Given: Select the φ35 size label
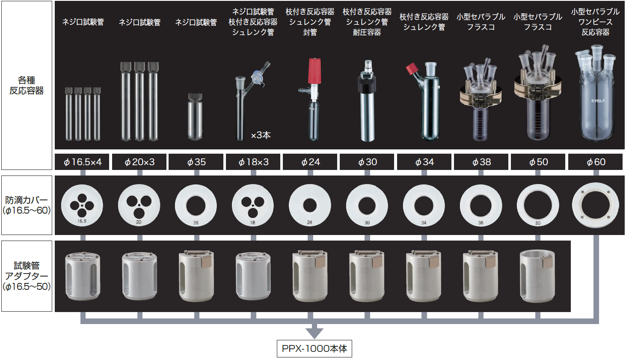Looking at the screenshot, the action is tap(196, 162).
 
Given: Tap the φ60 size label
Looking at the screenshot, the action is tap(596, 162).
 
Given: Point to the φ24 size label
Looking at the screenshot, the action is tap(310, 162).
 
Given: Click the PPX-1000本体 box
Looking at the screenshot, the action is tap(314, 348).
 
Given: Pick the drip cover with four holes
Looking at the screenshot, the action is tap(82, 205).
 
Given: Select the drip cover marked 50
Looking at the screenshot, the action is tap(538, 205).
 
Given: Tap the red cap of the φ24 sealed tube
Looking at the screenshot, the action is tap(314, 71).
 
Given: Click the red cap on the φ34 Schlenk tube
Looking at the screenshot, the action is tap(412, 69).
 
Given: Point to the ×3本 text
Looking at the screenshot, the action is tap(261, 135).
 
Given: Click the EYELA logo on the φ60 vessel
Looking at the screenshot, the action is tap(598, 101).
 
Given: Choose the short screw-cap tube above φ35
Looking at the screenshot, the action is tap(195, 116).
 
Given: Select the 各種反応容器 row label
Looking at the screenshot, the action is tap(27, 85).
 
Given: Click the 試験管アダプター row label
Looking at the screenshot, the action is tap(27, 276).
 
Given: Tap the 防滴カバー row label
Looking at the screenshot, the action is tap(27, 205).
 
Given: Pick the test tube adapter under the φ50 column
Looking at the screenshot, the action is tap(537, 276).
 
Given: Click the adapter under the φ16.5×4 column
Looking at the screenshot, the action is tap(83, 276).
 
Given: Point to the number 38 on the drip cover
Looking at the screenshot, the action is tap(481, 223).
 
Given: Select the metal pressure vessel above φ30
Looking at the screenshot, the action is tap(367, 101).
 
